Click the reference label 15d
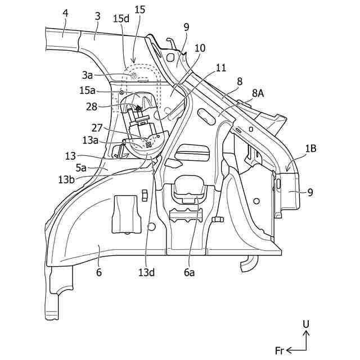(x=121, y=19)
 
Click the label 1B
(x=310, y=148)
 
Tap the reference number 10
(x=200, y=49)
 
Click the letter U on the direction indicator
(x=305, y=325)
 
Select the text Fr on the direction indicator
(x=280, y=350)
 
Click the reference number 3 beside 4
(x=97, y=17)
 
